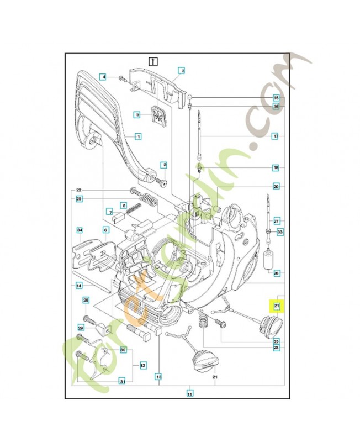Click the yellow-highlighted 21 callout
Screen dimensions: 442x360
point(277,306)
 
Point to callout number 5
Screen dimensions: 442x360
point(138,114)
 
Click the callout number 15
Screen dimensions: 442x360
point(276,98)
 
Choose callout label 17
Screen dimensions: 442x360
point(276,135)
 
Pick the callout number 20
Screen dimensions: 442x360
point(276,186)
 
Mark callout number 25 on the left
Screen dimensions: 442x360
point(79,198)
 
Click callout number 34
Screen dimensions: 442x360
point(79,230)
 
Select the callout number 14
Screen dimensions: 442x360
point(79,285)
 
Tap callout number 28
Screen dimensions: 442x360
point(86,300)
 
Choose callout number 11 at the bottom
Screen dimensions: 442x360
point(189,394)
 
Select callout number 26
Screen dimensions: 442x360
point(276,272)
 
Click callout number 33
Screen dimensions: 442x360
point(280,232)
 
